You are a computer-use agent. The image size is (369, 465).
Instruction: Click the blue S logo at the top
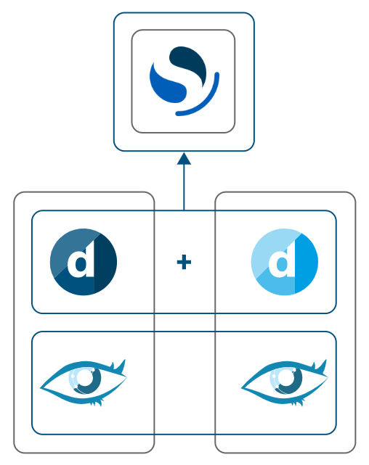click(183, 81)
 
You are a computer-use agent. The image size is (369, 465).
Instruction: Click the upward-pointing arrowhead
click(184, 158)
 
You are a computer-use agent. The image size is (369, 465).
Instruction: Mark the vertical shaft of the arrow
click(184, 187)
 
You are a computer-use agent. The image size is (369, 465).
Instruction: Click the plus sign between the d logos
click(184, 261)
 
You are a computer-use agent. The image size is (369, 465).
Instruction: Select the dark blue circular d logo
click(84, 262)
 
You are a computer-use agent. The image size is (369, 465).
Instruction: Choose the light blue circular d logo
click(285, 262)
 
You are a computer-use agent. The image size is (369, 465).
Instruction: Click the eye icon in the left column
click(84, 382)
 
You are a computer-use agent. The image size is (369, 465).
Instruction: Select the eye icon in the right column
click(285, 382)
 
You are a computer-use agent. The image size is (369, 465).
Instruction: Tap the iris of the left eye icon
click(85, 379)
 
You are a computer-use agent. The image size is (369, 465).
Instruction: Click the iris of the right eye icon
click(286, 379)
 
